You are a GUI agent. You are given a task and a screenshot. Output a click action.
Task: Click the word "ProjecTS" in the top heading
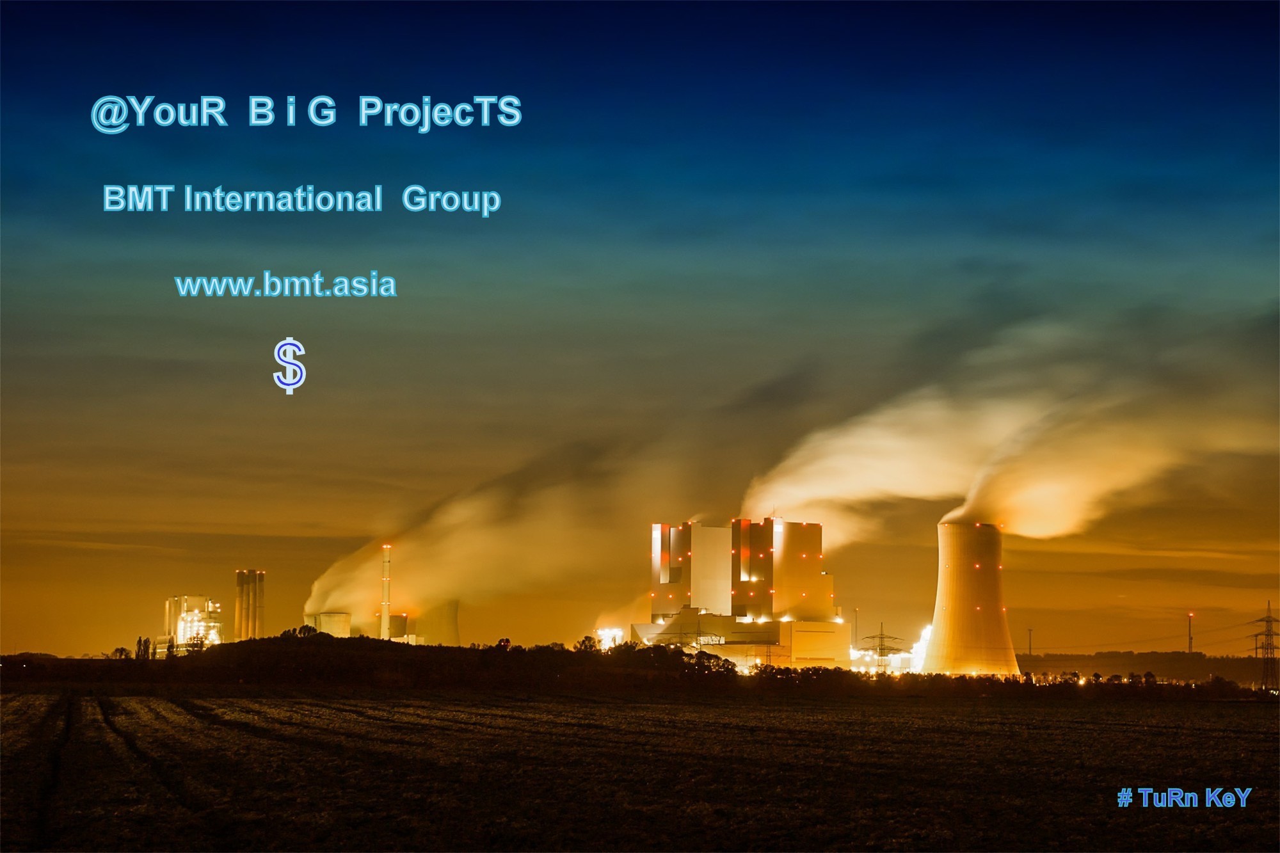click(440, 112)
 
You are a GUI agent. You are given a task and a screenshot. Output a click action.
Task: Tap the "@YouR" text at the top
click(159, 113)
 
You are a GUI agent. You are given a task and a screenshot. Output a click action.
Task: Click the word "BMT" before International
click(138, 198)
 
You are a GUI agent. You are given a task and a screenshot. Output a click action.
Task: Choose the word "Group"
click(451, 200)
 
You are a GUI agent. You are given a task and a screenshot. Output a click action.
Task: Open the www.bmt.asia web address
click(285, 285)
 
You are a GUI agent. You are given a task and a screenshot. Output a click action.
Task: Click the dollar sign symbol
click(289, 365)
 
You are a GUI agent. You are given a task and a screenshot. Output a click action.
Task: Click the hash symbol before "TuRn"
click(1124, 798)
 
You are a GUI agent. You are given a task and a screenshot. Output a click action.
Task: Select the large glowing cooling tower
click(970, 598)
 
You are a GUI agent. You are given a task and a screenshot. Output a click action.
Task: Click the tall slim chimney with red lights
click(386, 592)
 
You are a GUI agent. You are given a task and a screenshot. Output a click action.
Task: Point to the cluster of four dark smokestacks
click(250, 605)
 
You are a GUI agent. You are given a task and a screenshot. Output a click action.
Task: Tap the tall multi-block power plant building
click(742, 592)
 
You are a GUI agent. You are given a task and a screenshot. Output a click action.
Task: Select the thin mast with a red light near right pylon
click(1190, 633)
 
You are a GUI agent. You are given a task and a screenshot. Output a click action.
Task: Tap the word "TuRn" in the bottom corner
click(1168, 798)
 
